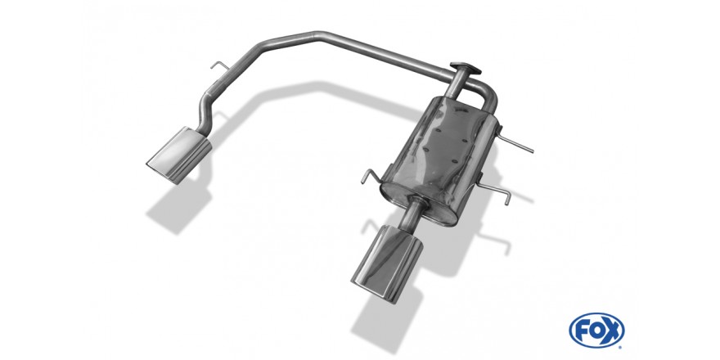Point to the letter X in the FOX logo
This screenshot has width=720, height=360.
point(614,331)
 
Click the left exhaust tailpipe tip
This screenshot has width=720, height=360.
point(179,155)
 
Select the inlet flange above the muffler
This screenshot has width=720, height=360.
point(466,69)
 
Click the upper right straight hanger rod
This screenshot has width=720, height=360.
point(515,143)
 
